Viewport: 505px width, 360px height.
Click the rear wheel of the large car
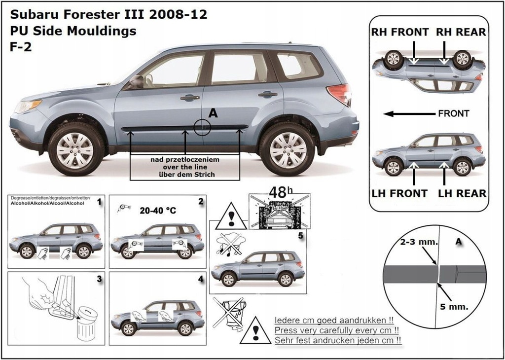(288, 148)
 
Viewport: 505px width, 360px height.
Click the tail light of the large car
(340, 93)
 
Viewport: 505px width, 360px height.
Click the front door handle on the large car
(189, 98)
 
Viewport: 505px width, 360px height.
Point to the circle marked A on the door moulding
(202, 127)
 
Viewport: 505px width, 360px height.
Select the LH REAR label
(462, 193)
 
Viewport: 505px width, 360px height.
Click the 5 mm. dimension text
(454, 306)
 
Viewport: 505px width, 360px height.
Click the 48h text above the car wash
(279, 192)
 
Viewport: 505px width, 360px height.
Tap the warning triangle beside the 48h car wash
(230, 216)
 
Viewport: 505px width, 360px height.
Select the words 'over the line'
(185, 167)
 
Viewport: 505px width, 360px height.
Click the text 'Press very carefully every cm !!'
(336, 330)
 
